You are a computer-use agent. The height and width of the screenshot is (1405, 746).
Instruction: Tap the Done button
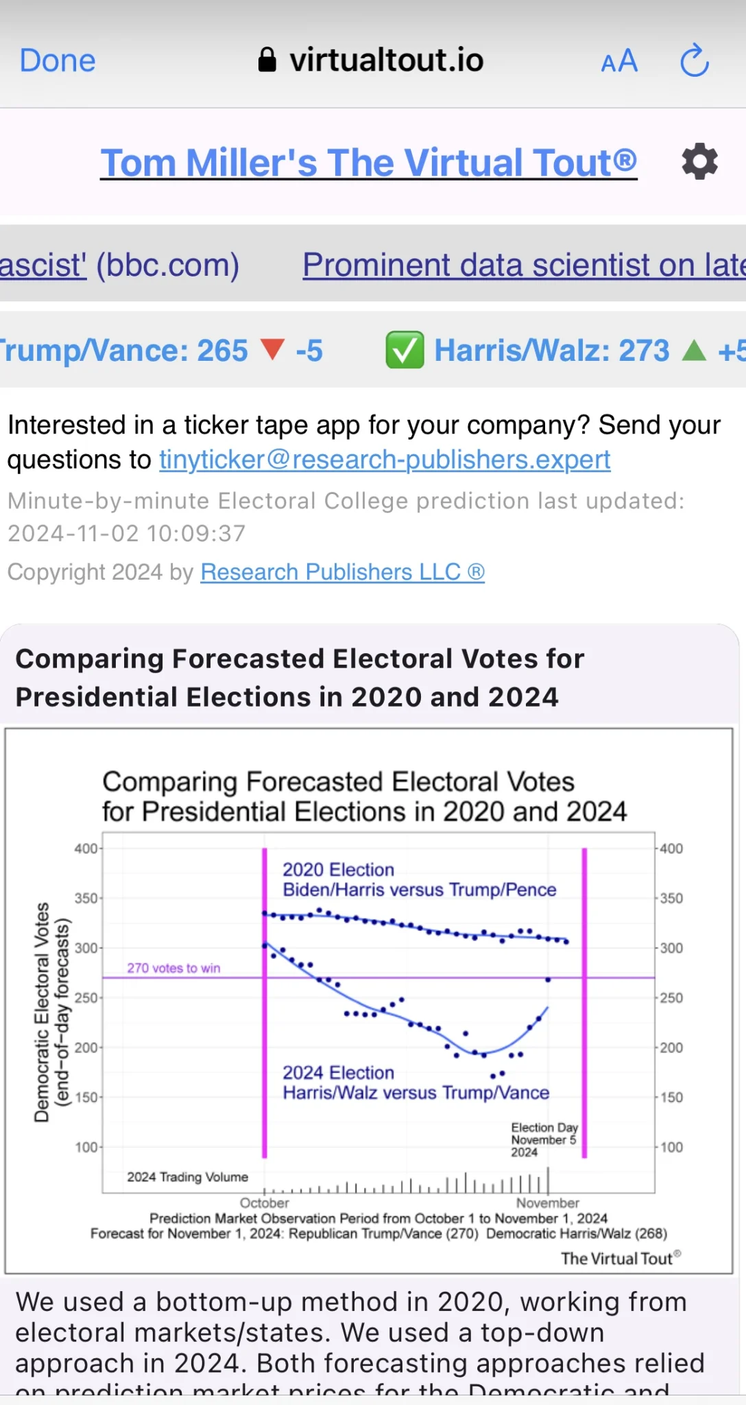tap(58, 61)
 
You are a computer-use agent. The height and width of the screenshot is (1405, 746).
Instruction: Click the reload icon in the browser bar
tap(694, 61)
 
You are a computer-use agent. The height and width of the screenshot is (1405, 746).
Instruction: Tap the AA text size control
tap(619, 62)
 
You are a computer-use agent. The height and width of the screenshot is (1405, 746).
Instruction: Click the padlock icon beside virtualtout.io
tap(267, 60)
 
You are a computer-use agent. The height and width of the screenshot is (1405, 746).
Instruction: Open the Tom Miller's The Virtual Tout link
tap(369, 163)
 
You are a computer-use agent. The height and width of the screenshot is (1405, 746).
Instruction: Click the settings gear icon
tap(699, 163)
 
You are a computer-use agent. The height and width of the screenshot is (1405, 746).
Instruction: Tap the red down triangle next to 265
tap(273, 350)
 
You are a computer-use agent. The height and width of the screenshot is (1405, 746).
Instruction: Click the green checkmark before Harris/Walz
tap(405, 350)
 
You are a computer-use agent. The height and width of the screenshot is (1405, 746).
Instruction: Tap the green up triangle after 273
tap(694, 350)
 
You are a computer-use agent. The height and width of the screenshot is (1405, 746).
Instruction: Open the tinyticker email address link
tap(385, 460)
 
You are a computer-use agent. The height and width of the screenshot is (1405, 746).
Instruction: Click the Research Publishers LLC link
tap(342, 572)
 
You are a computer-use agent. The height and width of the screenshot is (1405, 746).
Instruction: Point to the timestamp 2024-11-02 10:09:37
tap(126, 533)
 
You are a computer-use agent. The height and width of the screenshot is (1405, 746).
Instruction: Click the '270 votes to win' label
tap(173, 968)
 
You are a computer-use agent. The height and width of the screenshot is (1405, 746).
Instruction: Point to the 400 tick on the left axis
tap(86, 849)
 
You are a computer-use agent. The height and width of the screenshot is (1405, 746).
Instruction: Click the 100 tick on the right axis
tap(671, 1147)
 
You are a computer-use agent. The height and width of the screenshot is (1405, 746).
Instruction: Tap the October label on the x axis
tap(265, 1203)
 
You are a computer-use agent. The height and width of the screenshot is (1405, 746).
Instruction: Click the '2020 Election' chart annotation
tap(338, 870)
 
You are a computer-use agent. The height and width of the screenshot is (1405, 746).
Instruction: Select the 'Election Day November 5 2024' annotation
tap(544, 1140)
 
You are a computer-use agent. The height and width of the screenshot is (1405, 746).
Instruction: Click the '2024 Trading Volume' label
tap(187, 1177)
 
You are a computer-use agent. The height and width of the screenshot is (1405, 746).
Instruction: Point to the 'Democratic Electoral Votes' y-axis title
tap(42, 1012)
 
